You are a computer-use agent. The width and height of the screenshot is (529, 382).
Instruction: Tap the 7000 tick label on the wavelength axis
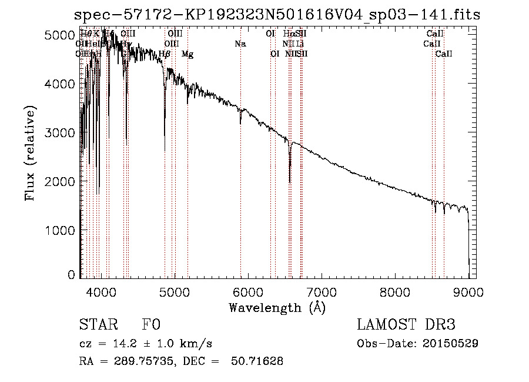coord(321,291)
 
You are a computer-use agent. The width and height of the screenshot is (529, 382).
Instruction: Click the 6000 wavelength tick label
coord(247,291)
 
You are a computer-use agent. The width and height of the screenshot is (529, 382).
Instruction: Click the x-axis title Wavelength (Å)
coord(277,307)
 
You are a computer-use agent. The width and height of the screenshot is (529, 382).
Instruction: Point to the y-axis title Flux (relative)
coord(31,154)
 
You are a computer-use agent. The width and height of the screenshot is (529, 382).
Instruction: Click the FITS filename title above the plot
coord(277,14)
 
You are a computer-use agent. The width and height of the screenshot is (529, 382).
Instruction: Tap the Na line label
coord(240,44)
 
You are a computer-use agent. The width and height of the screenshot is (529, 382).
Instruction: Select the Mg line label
coord(188,54)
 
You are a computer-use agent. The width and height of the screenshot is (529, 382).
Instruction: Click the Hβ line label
coord(165,54)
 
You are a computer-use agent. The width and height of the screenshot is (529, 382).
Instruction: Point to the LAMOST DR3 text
coord(406,325)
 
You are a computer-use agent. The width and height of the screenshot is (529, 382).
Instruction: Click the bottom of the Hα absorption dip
coord(290,182)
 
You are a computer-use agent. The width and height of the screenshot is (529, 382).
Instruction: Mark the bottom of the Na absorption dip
coord(240,123)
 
